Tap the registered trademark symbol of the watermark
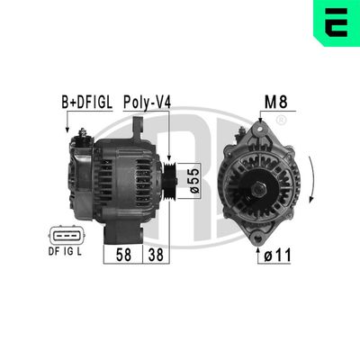[x=282, y=120]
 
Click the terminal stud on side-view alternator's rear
[x=82, y=137]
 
